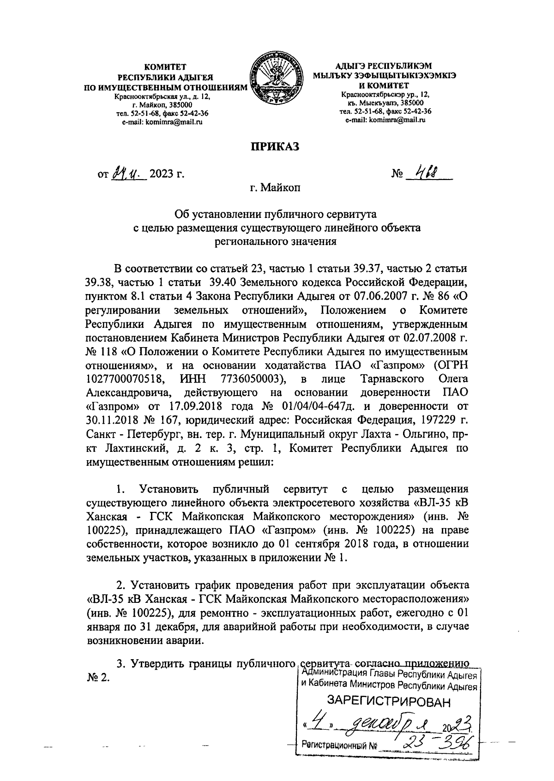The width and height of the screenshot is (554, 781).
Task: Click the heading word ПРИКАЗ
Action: coord(275,146)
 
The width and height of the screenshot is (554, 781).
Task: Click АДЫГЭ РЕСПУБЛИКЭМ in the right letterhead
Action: coord(385,66)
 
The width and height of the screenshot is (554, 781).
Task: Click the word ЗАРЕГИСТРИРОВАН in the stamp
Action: coord(388,703)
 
